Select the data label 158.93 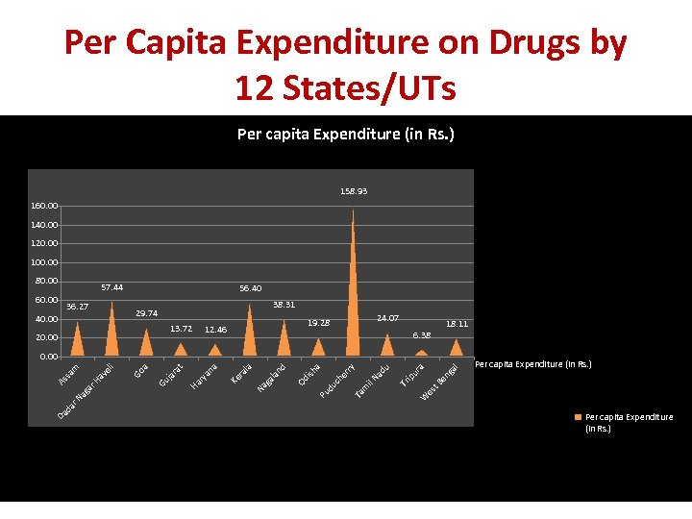click(353, 191)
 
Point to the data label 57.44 click(111, 287)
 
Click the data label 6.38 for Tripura click(421, 335)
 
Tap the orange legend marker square click(578, 417)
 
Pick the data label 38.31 click(284, 305)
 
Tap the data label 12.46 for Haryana click(215, 330)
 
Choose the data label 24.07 click(387, 317)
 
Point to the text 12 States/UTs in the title click(344, 88)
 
